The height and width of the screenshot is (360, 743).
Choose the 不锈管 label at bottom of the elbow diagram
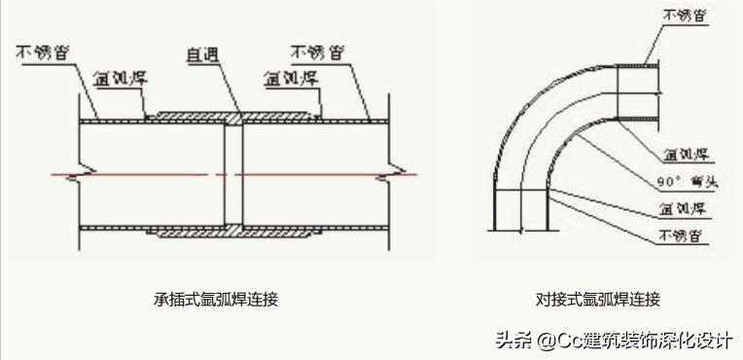(683, 236)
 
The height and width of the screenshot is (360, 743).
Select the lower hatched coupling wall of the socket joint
(233, 234)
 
